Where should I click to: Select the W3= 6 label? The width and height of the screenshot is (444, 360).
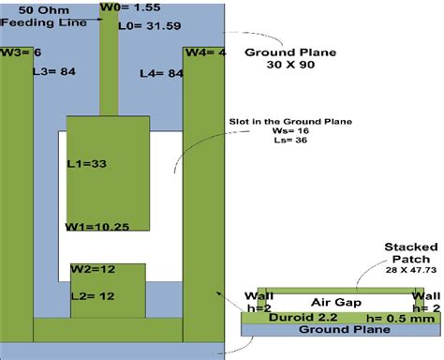point(22,52)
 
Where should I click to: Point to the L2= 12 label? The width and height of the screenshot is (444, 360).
point(96,296)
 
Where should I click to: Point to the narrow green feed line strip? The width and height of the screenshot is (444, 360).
point(111,70)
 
